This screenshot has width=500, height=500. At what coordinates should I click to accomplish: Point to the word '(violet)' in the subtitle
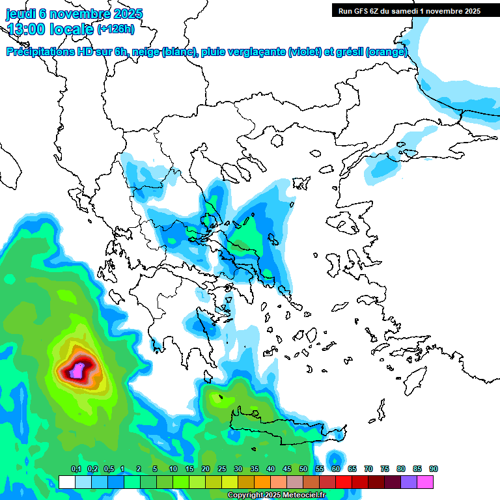click(309, 52)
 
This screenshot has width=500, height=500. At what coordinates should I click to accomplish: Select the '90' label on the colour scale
click(433, 469)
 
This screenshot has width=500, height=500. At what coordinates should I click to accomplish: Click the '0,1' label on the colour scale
click(76, 469)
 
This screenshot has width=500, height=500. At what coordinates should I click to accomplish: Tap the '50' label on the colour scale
click(303, 469)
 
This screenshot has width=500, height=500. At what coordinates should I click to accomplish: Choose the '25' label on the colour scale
click(222, 469)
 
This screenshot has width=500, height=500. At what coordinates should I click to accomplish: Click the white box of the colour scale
click(66, 482)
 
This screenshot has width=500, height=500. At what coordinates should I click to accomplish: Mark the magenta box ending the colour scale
click(425, 482)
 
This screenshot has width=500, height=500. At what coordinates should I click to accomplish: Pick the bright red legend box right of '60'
click(344, 482)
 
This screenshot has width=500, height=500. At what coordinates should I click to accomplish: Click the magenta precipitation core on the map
click(77, 371)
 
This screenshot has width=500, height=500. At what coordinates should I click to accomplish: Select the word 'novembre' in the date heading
click(81, 14)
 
